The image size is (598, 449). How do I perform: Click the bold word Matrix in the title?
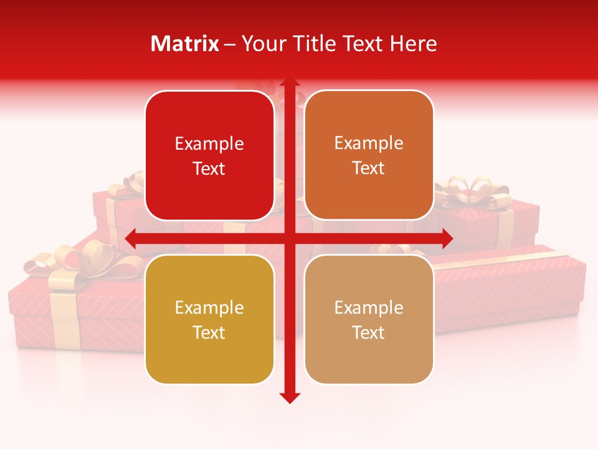[185, 44]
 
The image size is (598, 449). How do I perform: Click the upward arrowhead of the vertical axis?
[289, 84]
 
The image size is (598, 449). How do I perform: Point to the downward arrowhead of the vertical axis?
[289, 397]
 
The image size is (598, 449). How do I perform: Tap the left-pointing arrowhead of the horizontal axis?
[131, 238]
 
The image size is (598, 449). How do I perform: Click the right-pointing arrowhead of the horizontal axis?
[447, 238]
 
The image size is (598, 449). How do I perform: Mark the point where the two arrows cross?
[289, 238]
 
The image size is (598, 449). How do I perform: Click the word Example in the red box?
[209, 144]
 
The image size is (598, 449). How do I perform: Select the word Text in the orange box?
[369, 168]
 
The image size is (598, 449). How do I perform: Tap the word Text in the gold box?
[209, 332]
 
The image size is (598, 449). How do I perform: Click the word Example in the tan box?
[369, 307]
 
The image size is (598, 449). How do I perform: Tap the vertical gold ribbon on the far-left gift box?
[65, 318]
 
